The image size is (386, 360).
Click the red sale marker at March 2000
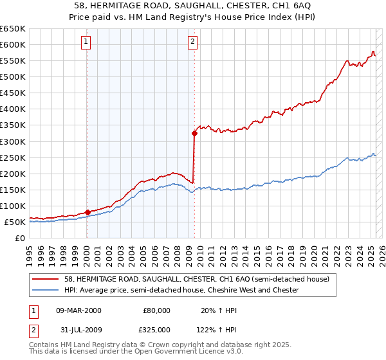(x=87, y=212)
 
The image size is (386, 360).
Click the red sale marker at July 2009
(x=194, y=133)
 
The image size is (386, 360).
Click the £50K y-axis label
(x=15, y=222)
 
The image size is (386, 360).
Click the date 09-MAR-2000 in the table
(x=78, y=310)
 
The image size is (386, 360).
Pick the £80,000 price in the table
(x=156, y=310)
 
